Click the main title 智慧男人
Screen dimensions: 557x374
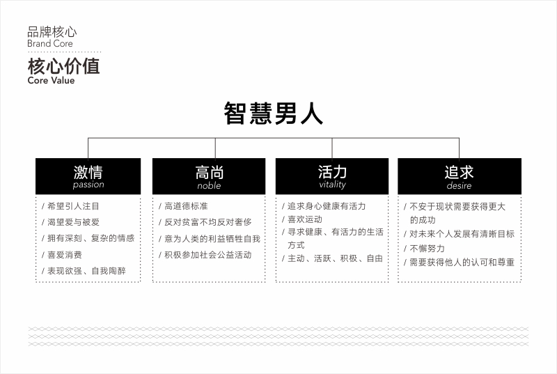(x=273, y=114)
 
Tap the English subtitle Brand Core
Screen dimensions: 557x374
(x=50, y=44)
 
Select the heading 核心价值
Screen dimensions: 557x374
(x=63, y=66)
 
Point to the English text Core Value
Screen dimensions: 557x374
(x=51, y=80)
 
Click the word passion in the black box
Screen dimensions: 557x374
(x=88, y=185)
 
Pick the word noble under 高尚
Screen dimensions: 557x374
(x=209, y=185)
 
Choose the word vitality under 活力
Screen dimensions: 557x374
(x=332, y=185)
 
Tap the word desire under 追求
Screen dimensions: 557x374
(x=459, y=185)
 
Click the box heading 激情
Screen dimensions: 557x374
(x=88, y=173)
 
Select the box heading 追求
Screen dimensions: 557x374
(x=459, y=173)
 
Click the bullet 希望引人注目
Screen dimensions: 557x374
(x=73, y=206)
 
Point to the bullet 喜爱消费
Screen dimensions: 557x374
(x=65, y=255)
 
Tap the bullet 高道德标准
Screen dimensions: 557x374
(x=186, y=206)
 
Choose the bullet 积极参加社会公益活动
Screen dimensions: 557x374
(x=207, y=255)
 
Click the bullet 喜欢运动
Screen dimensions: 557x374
(x=305, y=219)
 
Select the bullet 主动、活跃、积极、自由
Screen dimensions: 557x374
(x=335, y=258)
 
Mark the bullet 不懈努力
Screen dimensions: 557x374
(x=427, y=248)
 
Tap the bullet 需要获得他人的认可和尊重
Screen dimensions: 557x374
(x=462, y=262)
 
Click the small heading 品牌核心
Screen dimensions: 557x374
(x=52, y=32)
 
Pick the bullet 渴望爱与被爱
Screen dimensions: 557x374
(x=73, y=222)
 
